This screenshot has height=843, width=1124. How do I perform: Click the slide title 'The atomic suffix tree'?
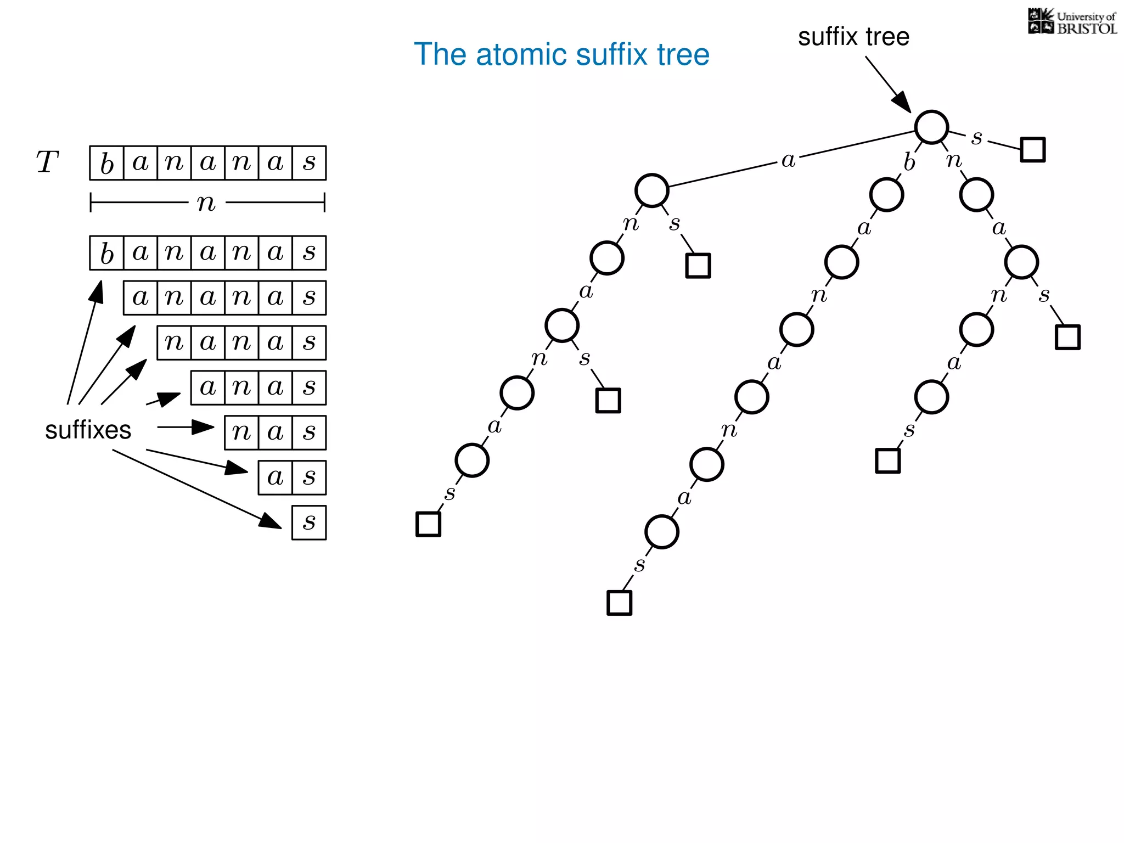(561, 54)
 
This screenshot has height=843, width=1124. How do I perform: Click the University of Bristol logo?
(1072, 22)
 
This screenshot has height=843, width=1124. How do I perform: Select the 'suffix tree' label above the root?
(853, 37)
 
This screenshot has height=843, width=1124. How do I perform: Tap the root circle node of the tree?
(931, 127)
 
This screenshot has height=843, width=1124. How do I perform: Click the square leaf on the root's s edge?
(1032, 149)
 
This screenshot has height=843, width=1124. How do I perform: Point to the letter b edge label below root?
(909, 162)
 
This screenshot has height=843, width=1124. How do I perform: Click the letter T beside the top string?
(47, 162)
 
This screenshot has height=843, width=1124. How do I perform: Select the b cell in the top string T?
(106, 163)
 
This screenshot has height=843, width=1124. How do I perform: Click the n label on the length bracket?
(206, 203)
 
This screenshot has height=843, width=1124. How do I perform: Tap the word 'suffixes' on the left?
(88, 430)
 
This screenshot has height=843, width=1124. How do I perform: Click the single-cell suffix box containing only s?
(309, 522)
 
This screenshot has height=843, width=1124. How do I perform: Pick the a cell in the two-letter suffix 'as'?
(275, 477)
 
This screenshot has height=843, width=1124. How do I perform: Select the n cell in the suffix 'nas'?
(241, 432)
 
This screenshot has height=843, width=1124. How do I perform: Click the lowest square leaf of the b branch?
(619, 603)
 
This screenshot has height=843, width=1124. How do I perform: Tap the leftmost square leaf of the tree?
(428, 524)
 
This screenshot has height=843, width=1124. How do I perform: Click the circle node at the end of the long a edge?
(651, 190)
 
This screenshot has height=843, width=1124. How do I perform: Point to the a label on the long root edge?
(788, 160)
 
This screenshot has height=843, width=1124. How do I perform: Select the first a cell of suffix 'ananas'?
(140, 297)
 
